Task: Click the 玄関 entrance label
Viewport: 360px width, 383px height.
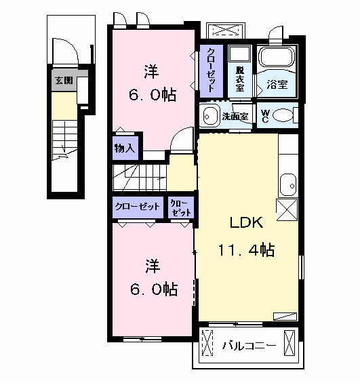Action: tap(64, 81)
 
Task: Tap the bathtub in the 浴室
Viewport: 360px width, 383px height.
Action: tap(277, 57)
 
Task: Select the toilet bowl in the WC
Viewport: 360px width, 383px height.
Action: tap(283, 115)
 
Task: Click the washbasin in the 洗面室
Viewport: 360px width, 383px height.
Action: tap(209, 117)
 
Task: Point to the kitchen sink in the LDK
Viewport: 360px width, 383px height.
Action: tap(288, 185)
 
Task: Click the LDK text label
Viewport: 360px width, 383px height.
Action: tap(246, 222)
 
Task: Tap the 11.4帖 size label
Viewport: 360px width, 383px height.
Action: tap(246, 250)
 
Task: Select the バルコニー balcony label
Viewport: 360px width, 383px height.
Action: tap(249, 346)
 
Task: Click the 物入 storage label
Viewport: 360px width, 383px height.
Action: tap(125, 148)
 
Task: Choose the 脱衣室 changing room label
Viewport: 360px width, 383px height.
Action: tap(239, 79)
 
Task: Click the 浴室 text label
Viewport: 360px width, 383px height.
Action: tap(277, 84)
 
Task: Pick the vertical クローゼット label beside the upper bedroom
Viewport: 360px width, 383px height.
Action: tap(211, 70)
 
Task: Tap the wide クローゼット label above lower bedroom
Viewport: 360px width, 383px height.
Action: tap(137, 207)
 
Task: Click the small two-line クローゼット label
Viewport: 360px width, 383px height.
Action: tap(181, 208)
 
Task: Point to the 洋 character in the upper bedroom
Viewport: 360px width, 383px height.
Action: tap(151, 72)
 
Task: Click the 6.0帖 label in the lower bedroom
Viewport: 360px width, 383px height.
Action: tap(154, 289)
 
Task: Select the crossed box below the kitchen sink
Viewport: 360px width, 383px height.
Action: tap(287, 209)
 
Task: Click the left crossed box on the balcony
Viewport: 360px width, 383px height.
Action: tap(207, 342)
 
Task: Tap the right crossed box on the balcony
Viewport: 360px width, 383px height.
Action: tap(289, 342)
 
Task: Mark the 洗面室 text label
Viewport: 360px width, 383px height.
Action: tap(235, 117)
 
